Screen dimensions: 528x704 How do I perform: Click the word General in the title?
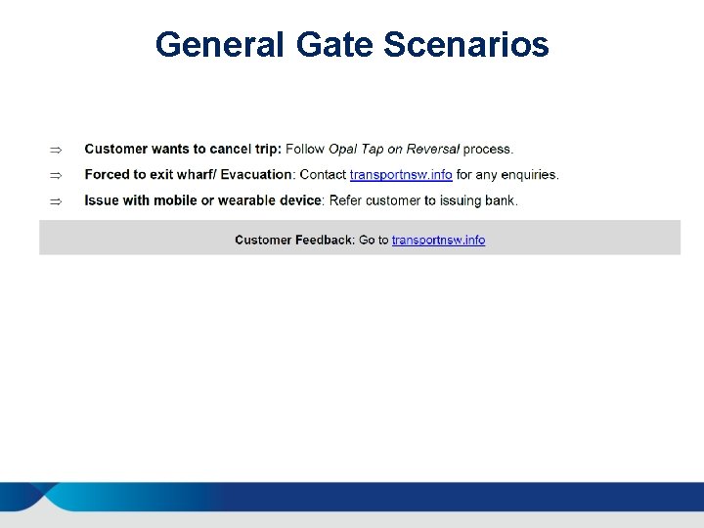(x=217, y=45)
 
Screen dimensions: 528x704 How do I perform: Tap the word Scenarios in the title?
(x=466, y=45)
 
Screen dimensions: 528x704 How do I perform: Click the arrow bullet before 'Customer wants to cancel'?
(x=56, y=150)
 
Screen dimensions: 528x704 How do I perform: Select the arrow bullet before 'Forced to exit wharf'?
(x=56, y=175)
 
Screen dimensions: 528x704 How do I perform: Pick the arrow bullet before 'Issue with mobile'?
(x=56, y=200)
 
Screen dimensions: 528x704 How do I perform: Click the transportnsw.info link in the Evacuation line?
(x=401, y=175)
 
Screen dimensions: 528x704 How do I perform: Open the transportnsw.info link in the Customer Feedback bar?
(x=438, y=240)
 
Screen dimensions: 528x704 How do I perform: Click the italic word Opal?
(x=342, y=150)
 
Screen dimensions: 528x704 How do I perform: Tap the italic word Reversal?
(x=432, y=150)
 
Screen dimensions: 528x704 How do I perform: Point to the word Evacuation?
(x=256, y=175)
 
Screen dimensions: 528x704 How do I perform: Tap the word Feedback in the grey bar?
(x=324, y=240)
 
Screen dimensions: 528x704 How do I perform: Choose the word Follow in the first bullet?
(x=304, y=150)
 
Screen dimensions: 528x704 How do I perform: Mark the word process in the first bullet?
(x=488, y=150)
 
